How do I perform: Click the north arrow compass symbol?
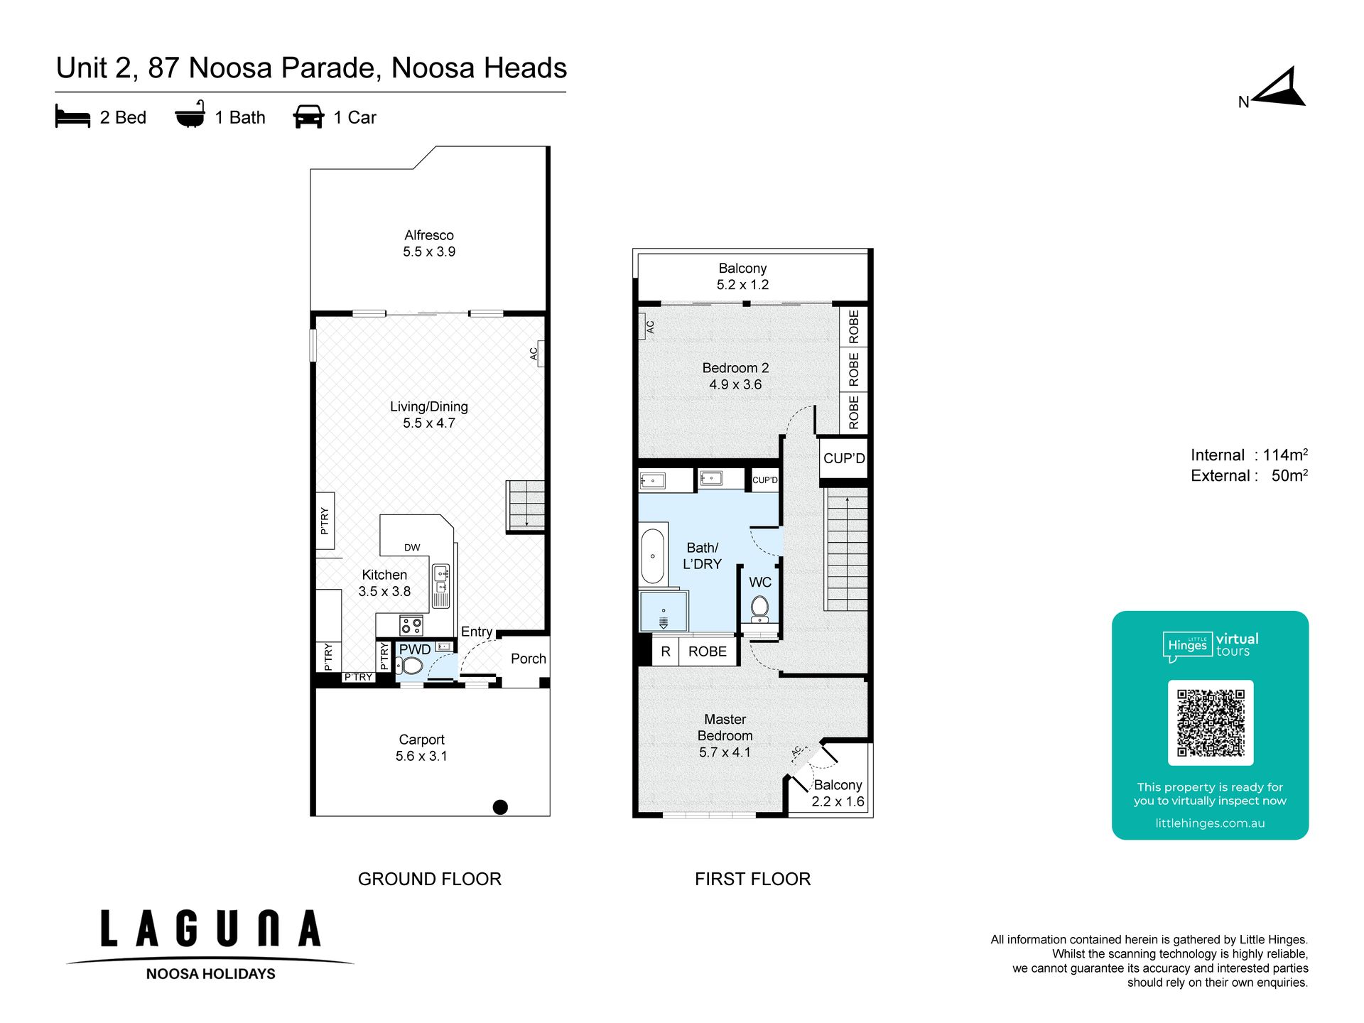(1279, 88)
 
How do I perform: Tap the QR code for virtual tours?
(1211, 722)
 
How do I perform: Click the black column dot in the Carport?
(500, 807)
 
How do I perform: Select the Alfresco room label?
(429, 235)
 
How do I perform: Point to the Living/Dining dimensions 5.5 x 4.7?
(429, 423)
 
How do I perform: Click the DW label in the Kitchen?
(412, 548)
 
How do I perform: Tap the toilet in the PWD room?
(410, 666)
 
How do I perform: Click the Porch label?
(529, 659)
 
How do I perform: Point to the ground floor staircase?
(526, 506)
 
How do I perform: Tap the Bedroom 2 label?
(735, 368)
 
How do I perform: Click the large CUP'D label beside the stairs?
(844, 458)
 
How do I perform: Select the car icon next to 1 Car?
(308, 117)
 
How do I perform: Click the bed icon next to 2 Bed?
(72, 117)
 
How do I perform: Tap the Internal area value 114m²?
(1285, 455)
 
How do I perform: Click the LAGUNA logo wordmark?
(211, 929)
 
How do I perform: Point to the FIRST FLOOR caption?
(752, 879)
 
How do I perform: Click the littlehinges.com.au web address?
(1210, 823)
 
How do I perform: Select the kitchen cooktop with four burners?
(411, 626)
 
